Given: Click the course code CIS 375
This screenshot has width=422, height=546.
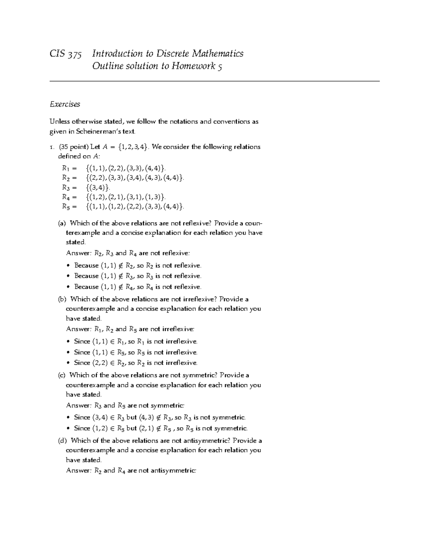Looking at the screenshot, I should (x=66, y=54).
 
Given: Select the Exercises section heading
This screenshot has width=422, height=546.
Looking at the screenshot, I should (x=65, y=104).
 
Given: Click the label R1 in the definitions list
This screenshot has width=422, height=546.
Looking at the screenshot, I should (x=66, y=167).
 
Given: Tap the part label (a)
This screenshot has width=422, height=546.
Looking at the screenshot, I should (x=62, y=223).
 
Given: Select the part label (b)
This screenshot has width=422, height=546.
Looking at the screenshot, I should (x=62, y=299).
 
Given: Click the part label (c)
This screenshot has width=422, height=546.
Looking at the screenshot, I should (x=62, y=375).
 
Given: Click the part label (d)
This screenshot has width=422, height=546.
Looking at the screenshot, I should (x=62, y=441).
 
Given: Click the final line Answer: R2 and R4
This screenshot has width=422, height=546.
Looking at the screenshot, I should (x=131, y=470).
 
